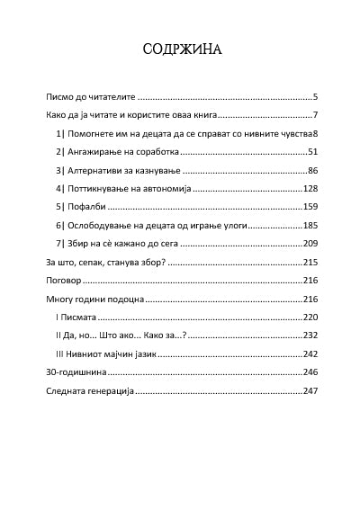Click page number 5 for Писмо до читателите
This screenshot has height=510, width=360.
[x=315, y=95]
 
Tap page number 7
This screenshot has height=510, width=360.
[x=315, y=115]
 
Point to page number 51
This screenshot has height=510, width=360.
[x=312, y=152]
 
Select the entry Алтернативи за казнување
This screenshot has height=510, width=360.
[x=119, y=170]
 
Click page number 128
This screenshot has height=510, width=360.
[x=310, y=189]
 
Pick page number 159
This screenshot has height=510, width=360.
[x=310, y=207]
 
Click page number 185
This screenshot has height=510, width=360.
[x=310, y=225]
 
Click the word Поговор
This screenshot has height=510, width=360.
[x=63, y=281]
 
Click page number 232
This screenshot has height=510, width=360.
[x=310, y=336]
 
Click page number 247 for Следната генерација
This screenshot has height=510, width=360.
[x=310, y=391]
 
